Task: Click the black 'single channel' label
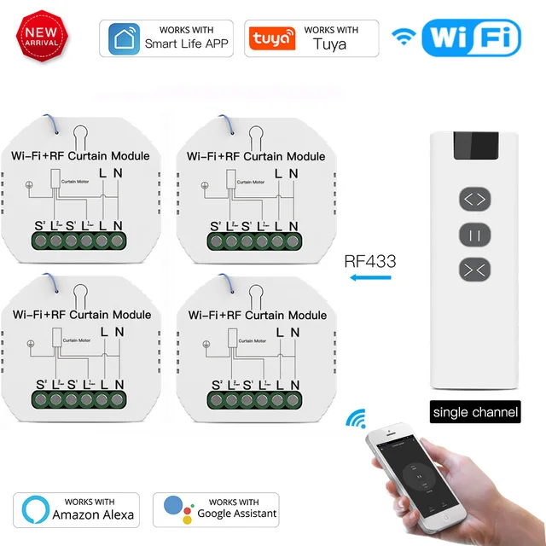475,412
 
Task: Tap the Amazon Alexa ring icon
34,509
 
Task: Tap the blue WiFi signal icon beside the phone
356,419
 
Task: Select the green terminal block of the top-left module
82,241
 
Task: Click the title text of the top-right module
256,156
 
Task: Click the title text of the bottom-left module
82,315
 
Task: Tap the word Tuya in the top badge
329,44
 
